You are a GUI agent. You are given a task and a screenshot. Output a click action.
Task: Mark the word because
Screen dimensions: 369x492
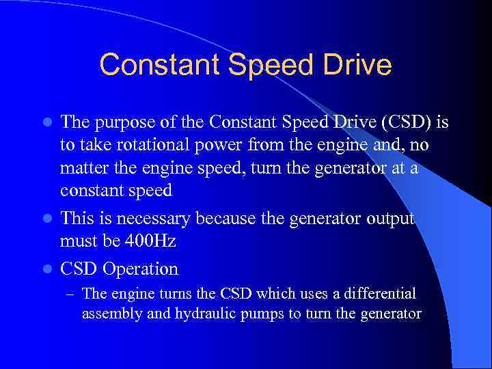pyautogui.click(x=224, y=219)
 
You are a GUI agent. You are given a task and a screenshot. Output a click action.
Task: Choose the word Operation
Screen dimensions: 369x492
pyautogui.click(x=141, y=269)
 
